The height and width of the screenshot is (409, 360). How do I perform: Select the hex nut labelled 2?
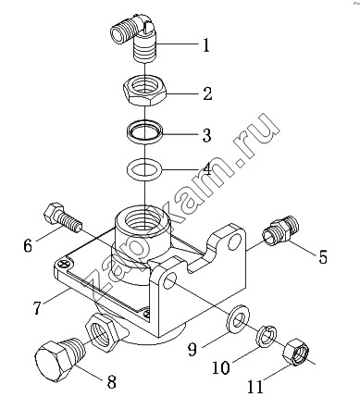145,91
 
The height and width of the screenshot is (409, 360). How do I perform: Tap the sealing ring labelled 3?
145,130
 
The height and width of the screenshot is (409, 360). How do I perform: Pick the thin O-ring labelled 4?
144,170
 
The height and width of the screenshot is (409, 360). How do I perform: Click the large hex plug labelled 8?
58,359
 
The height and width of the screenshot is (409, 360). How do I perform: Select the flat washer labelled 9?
237,320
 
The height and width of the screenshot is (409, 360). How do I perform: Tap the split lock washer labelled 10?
267,336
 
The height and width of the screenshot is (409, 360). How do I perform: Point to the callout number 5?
323,256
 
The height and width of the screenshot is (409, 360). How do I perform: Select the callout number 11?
255,387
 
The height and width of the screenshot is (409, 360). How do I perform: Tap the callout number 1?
206,45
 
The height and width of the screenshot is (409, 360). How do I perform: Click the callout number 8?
111,381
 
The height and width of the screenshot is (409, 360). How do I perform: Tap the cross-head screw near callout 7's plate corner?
64,264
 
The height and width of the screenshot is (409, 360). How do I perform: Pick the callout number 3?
206,135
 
